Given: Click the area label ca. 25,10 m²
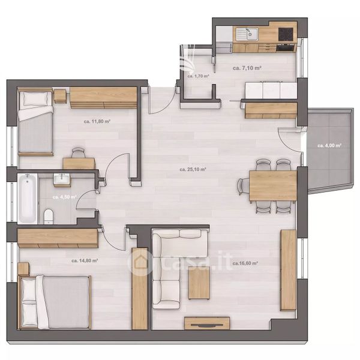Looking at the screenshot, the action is point(193,169).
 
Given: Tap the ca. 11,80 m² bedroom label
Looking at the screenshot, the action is point(97,121).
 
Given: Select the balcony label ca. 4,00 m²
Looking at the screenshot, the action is point(329,146).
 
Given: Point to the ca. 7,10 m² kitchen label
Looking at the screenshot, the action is point(247,68).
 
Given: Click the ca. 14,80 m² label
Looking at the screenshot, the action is point(85,260).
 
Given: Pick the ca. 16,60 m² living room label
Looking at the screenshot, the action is point(245,263).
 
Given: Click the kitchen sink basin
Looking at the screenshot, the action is point(251,34).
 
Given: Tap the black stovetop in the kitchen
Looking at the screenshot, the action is point(286,34).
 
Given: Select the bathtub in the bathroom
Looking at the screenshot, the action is point(28,199).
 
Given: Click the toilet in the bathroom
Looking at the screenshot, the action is point(49,216).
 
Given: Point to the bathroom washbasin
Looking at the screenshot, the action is point(62,179).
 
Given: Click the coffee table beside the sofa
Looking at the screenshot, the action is point(199,284).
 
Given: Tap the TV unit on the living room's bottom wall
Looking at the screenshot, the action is point(207,323).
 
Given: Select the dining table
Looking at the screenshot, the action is point(273,185).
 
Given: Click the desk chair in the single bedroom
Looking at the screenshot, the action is point(78,153).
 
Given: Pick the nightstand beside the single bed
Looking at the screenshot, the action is point(61,96).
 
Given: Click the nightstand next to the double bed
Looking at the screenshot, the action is point(23,269).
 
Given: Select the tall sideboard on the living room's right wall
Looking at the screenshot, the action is point(289,270).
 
